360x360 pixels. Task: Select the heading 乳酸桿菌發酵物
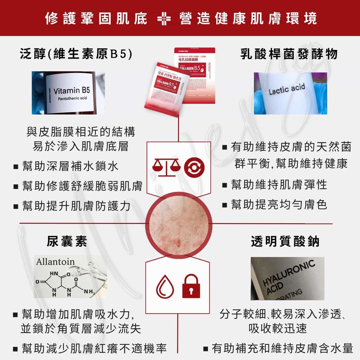[x=289, y=54]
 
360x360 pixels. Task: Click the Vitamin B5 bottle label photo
[x=68, y=93]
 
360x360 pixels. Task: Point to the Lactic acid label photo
[x=290, y=93]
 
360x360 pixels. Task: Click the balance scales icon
[x=166, y=167]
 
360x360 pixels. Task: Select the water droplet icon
[x=165, y=287]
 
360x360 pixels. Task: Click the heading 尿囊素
[x=67, y=242]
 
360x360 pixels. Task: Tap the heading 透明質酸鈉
[x=285, y=242]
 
